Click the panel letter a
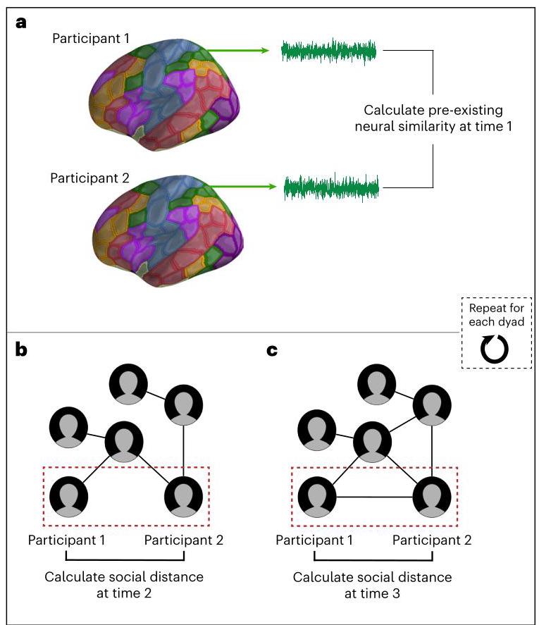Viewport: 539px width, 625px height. coord(22,23)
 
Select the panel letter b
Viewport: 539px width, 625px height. coord(23,350)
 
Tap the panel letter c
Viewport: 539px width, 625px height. coord(273,350)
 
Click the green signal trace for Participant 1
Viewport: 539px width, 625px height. coord(329,51)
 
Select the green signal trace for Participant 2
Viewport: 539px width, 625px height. coord(331,187)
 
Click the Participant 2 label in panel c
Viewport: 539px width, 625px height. coord(432,540)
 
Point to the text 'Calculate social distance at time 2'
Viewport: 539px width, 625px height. coord(124,584)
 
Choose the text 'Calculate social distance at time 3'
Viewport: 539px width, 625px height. coord(372,584)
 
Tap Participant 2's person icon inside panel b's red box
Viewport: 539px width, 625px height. coord(183,496)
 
